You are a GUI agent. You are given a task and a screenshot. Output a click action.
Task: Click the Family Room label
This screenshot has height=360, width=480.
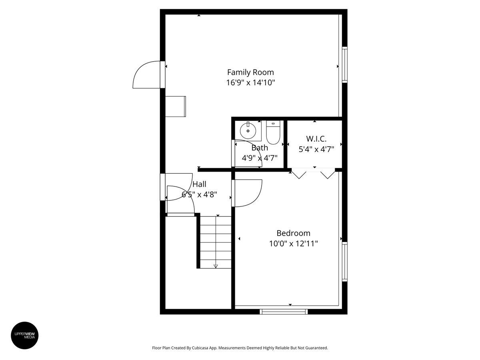[250, 72]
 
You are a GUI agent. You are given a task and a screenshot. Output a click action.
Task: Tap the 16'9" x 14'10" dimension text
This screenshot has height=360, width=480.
[250, 83]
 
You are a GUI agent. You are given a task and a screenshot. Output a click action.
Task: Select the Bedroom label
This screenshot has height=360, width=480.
[293, 233]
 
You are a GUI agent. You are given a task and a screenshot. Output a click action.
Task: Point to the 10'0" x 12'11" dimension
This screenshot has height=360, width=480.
[293, 244]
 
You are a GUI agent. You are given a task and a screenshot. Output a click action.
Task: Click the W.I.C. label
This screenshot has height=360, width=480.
[316, 139]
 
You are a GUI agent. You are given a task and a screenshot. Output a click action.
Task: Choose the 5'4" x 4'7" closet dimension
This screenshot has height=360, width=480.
[316, 149]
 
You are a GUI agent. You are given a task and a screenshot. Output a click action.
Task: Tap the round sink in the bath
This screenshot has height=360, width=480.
[248, 130]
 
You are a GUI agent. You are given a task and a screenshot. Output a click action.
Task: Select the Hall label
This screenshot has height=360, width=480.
[199, 184]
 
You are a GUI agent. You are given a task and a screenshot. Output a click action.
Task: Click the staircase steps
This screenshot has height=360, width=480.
[216, 242]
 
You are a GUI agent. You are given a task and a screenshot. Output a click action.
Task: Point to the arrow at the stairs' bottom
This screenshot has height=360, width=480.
[216, 266]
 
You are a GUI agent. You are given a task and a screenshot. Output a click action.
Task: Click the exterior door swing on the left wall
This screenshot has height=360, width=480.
[146, 75]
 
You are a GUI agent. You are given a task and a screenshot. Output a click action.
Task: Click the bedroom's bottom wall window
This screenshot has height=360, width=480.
[284, 311]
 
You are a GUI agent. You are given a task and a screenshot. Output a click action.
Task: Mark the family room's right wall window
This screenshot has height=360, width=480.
[344, 65]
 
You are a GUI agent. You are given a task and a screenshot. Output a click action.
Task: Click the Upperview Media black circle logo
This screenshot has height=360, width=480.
[24, 335]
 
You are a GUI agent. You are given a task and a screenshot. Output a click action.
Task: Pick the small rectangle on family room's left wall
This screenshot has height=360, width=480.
[175, 106]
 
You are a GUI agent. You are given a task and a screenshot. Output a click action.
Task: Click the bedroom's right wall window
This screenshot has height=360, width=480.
[344, 262]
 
